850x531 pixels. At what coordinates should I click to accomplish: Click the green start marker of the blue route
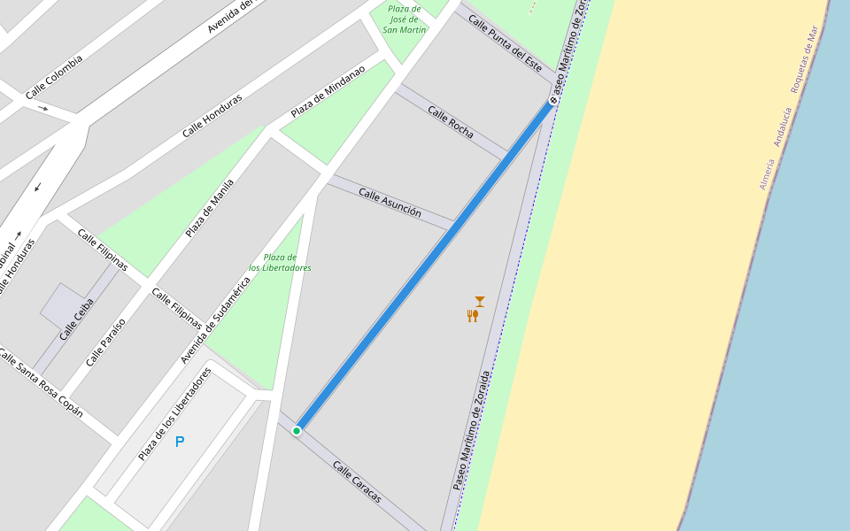(297, 431)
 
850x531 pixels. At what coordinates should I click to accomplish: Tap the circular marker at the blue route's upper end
(553, 101)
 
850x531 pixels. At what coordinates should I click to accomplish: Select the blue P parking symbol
(180, 442)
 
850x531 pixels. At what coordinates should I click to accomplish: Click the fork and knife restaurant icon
(473, 315)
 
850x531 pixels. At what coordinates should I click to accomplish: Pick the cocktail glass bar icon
(480, 301)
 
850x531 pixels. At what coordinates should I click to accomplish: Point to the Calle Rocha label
(450, 121)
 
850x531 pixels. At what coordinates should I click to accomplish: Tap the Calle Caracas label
(357, 481)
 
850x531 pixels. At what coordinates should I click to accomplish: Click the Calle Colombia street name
(54, 78)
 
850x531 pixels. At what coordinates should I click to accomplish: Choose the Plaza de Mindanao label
(328, 91)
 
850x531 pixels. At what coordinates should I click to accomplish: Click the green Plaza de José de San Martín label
(405, 19)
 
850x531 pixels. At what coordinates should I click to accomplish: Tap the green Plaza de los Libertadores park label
(280, 262)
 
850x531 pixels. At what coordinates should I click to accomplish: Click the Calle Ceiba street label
(76, 319)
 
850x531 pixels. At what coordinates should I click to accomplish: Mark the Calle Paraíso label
(105, 342)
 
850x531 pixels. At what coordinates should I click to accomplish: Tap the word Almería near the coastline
(767, 174)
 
